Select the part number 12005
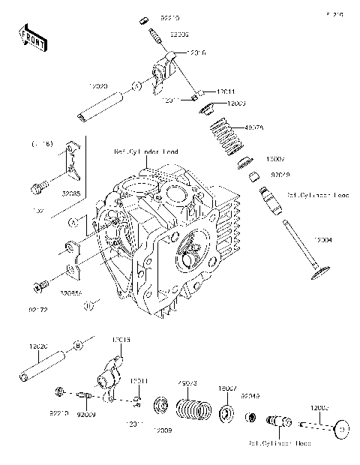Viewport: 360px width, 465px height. [x=319, y=408]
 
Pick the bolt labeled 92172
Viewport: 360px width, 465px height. [x=39, y=284]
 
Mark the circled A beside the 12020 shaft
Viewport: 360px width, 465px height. [x=137, y=87]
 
